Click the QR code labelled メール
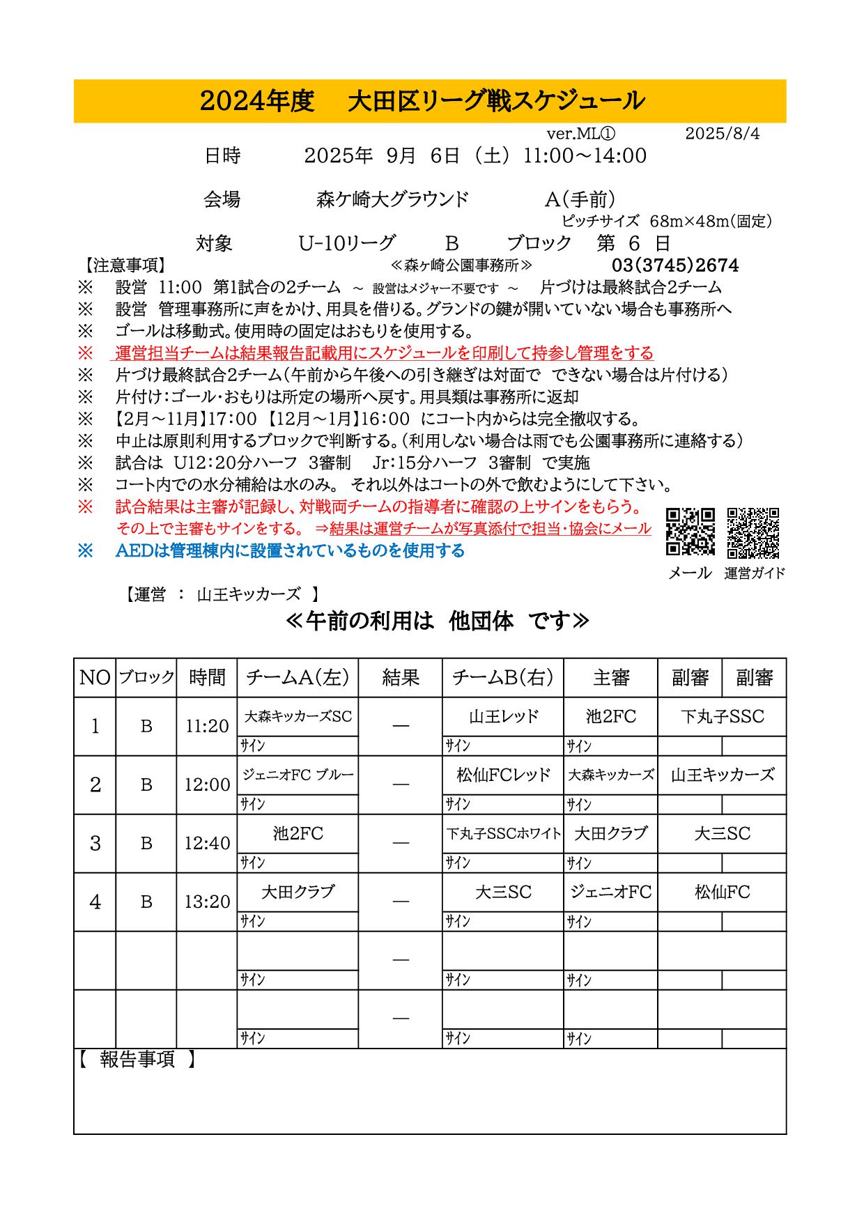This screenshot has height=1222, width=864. [691, 532]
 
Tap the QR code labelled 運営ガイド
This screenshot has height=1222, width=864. [753, 533]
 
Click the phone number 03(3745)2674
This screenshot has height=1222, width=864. [674, 265]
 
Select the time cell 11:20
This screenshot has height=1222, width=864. [207, 726]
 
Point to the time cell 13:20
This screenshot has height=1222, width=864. [207, 902]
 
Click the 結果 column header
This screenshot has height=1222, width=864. [401, 677]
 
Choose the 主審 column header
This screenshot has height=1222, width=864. [611, 677]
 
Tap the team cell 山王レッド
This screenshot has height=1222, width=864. [503, 716]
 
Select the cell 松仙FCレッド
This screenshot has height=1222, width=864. [503, 775]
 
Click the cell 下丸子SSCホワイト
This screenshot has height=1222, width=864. [503, 833]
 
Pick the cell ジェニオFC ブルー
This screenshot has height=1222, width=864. [298, 775]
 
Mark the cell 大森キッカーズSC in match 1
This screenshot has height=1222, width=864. [298, 716]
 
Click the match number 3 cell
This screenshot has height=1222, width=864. [95, 843]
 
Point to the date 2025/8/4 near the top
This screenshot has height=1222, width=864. [722, 134]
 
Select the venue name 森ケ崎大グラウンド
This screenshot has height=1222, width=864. [393, 200]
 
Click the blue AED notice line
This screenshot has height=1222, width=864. [290, 551]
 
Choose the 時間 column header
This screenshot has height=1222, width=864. [207, 677]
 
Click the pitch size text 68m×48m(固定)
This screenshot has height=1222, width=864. [710, 222]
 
